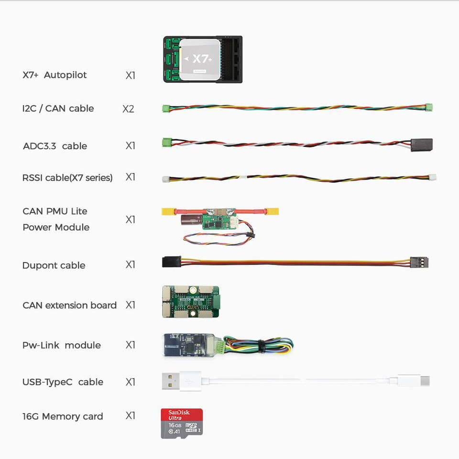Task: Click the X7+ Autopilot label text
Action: (55, 75)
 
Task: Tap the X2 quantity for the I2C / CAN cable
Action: (128, 109)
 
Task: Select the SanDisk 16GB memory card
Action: (182, 423)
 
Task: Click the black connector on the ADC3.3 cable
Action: (421, 145)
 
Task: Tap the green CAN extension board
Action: (190, 302)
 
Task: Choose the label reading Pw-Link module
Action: (62, 345)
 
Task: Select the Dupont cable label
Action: (54, 265)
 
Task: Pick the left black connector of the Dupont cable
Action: (171, 262)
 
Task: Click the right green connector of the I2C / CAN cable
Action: (429, 108)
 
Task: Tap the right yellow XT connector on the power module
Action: (272, 211)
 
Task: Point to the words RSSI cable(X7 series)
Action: (67, 178)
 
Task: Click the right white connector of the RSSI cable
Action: (432, 177)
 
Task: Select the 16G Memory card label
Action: (63, 416)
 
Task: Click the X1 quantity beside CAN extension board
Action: (131, 305)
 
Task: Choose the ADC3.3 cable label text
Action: (55, 146)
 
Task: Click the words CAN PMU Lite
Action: (55, 211)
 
